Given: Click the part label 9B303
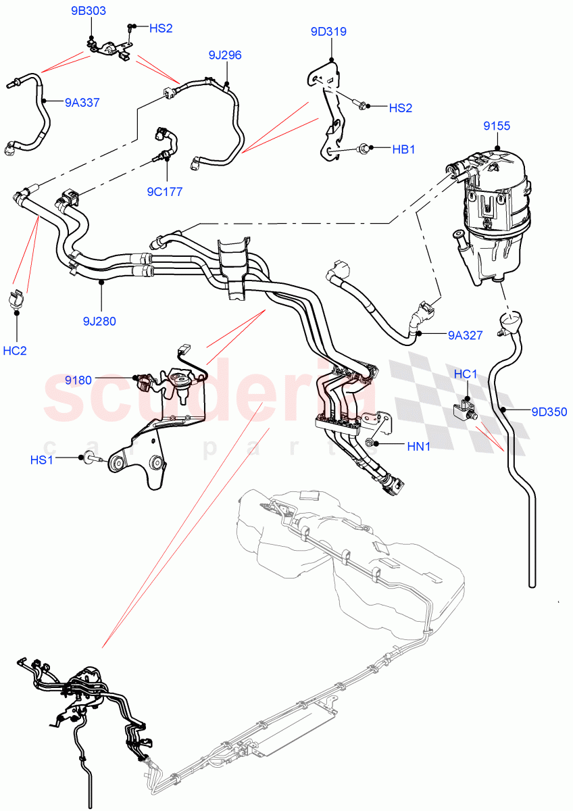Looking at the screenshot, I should (x=89, y=11).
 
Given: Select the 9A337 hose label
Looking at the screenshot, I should (x=82, y=103).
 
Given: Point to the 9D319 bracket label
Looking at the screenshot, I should (x=328, y=31).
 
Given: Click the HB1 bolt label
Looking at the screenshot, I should (x=403, y=149).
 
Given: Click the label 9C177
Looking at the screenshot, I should (x=164, y=192).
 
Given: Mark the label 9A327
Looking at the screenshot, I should (x=465, y=334).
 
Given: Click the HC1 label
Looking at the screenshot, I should (x=466, y=374).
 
